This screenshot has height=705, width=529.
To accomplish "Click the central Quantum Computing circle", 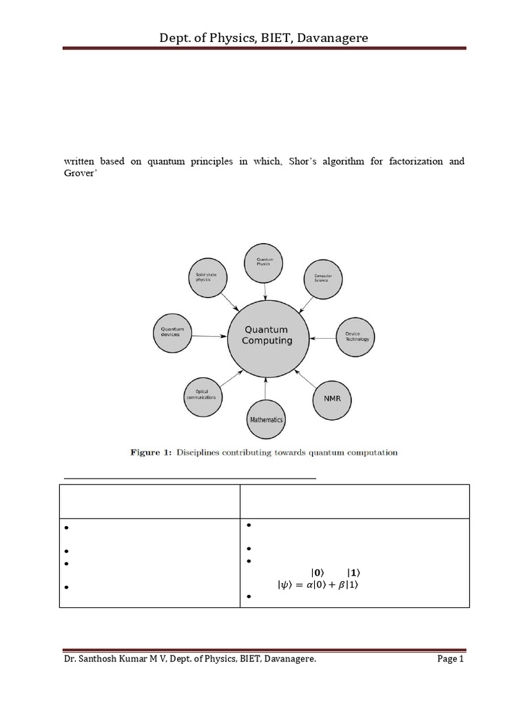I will [267, 335].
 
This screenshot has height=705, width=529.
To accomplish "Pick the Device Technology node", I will [357, 336].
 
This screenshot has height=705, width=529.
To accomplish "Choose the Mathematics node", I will [265, 419].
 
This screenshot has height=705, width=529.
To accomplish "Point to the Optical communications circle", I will [201, 395].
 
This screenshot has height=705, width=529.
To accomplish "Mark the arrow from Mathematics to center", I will [267, 390].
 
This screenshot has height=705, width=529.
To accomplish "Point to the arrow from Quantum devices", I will [209, 336].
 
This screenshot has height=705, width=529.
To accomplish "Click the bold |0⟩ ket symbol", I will [317, 572].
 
